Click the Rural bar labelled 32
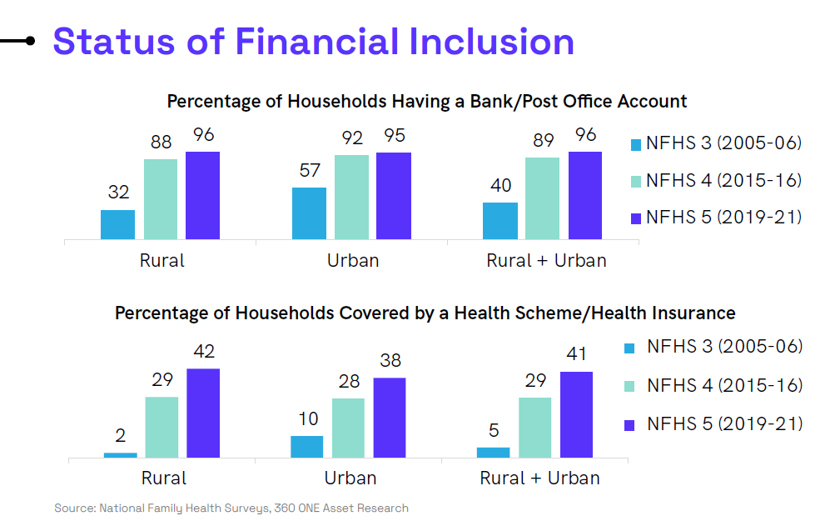tap(117, 225)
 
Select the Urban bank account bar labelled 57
tap(309, 213)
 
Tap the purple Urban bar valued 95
tap(394, 196)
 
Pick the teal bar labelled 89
tap(542, 198)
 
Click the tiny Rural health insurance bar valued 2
tap(120, 455)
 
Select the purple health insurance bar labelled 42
tap(203, 413)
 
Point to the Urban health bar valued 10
tap(307, 447)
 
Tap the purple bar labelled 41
tap(576, 415)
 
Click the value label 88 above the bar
tap(161, 142)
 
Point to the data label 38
tap(390, 360)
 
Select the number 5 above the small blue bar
tap(494, 430)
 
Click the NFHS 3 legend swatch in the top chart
tap(636, 145)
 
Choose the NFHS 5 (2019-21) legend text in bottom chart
tap(724, 424)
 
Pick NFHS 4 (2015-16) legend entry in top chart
tap(716, 181)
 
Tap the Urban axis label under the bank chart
tap(353, 261)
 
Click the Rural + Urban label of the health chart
tap(540, 478)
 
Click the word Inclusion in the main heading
tap(492, 42)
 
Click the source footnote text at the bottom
tap(231, 508)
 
